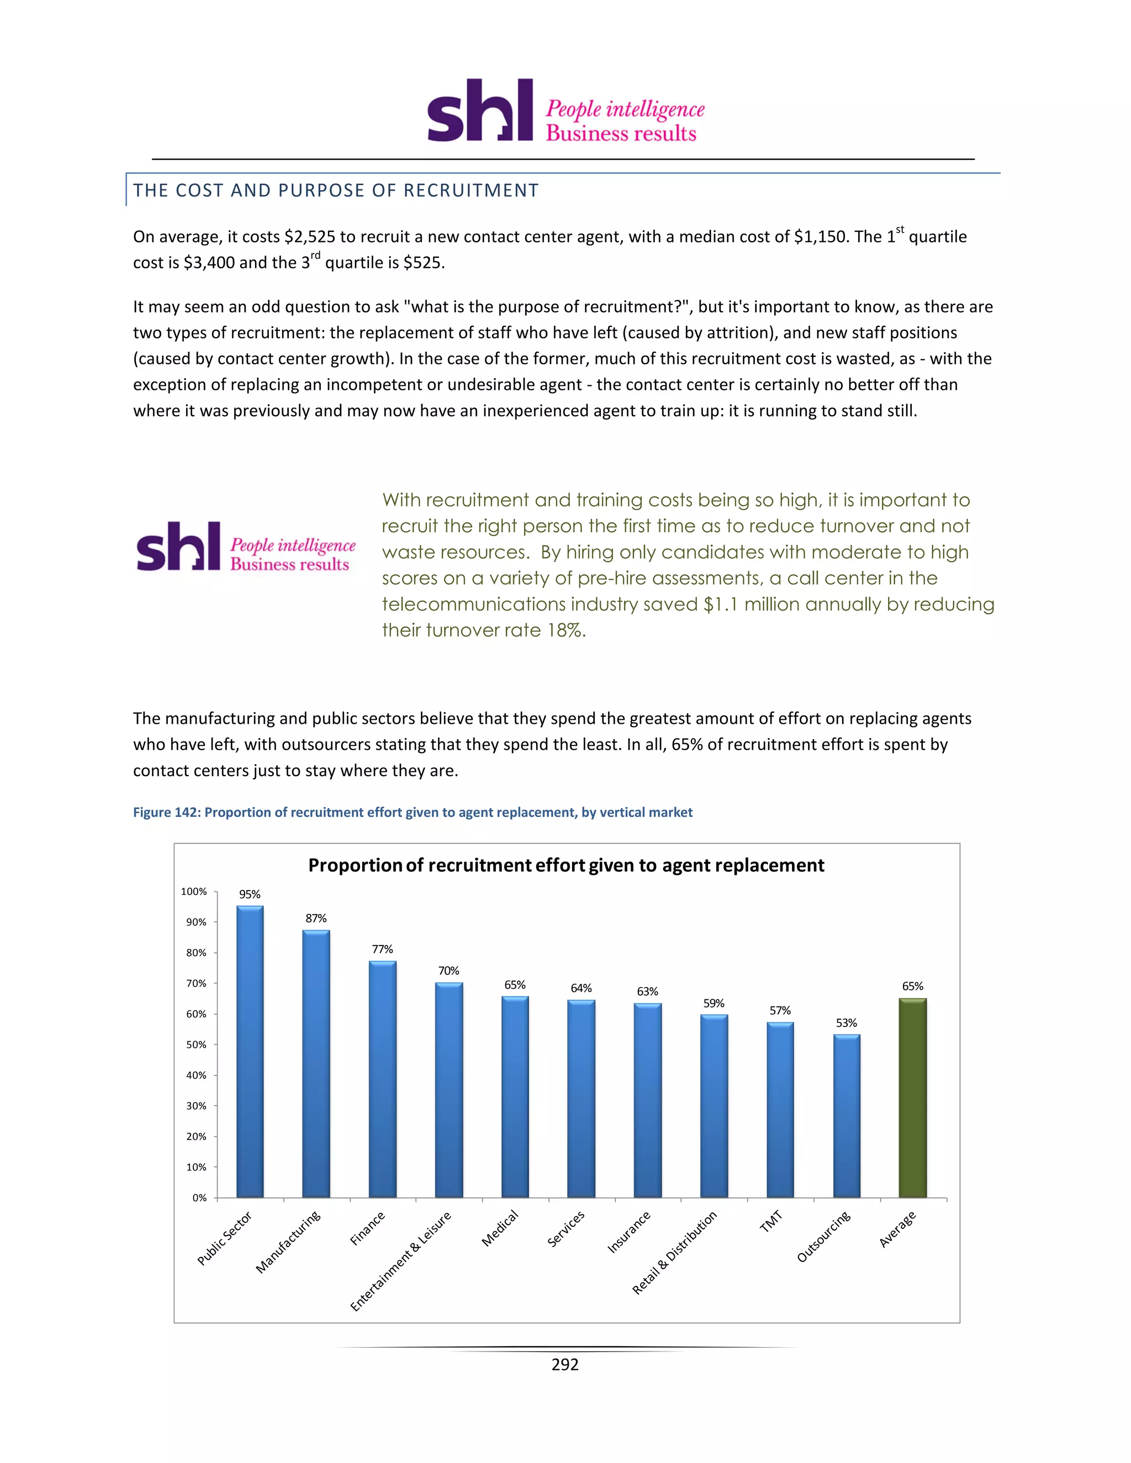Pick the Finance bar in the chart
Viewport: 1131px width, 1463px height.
click(x=382, y=1079)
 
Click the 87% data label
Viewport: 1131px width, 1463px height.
click(x=315, y=919)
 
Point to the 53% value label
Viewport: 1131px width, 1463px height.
click(x=846, y=1023)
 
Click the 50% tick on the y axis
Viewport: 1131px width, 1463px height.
click(x=196, y=1045)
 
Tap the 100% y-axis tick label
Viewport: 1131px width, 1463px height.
click(x=194, y=892)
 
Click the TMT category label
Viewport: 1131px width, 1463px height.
click(x=770, y=1222)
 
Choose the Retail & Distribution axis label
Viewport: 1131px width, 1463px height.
click(x=675, y=1252)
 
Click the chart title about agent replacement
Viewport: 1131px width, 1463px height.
click(x=566, y=866)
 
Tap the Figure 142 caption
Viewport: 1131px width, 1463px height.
click(x=413, y=813)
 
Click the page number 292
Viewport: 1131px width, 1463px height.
click(x=565, y=1365)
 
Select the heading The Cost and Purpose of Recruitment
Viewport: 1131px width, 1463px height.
click(x=336, y=191)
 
